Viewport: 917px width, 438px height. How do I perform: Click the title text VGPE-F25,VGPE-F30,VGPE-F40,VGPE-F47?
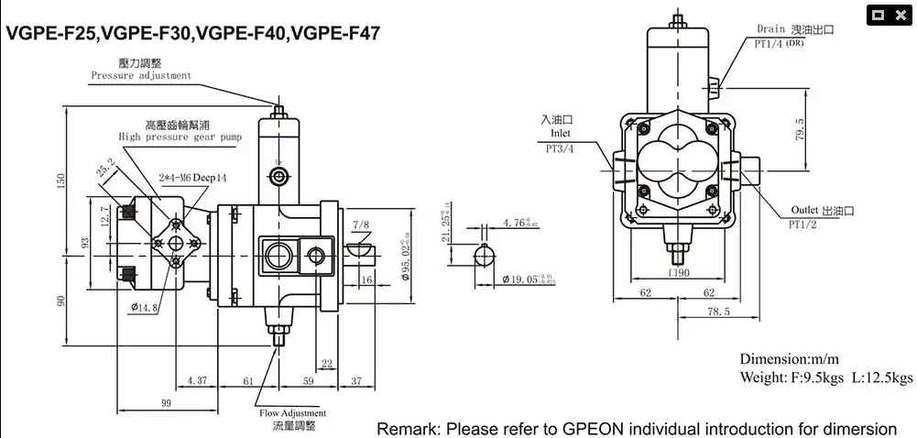193,35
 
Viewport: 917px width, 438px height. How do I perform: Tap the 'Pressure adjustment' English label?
141,76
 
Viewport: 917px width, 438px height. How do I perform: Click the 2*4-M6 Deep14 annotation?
191,177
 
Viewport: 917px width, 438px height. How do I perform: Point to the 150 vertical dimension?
61,180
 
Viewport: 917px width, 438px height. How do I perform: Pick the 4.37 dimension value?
196,380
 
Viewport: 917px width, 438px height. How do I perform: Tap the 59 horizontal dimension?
308,380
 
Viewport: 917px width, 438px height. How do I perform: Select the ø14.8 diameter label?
145,308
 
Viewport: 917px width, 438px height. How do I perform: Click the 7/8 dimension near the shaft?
360,224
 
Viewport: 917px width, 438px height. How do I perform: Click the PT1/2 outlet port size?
803,224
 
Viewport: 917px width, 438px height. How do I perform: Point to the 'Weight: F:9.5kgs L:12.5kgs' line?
826,378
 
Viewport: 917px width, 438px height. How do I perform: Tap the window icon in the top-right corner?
885,14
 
